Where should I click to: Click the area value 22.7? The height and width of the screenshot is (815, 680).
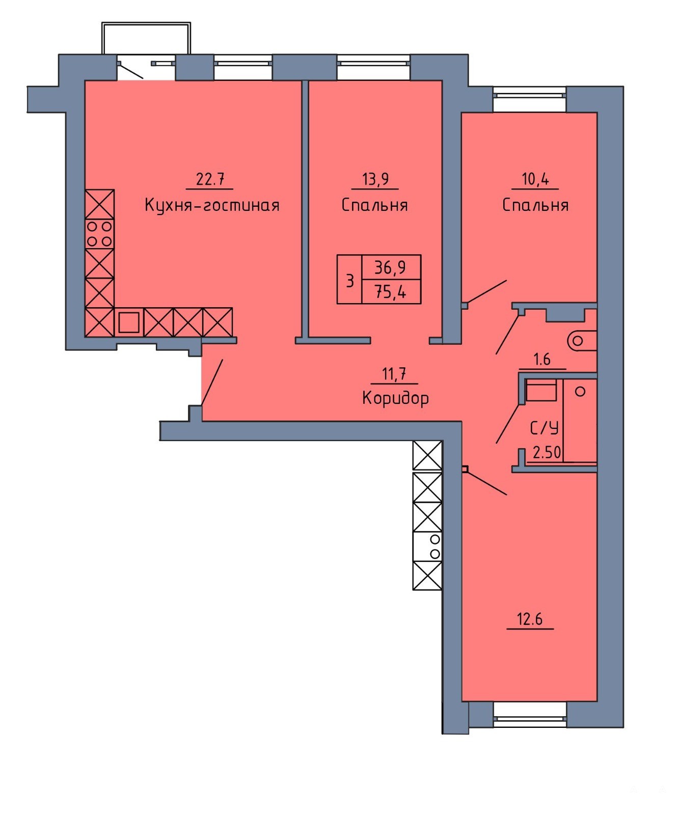click(210, 179)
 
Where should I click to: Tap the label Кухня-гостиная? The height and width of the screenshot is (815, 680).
click(212, 205)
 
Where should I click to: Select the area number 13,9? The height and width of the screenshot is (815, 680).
click(375, 179)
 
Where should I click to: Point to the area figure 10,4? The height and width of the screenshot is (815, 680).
click(535, 179)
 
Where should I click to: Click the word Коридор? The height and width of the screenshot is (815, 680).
click(395, 398)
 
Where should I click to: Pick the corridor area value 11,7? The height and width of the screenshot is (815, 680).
click(394, 374)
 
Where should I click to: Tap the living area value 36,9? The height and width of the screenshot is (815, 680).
click(390, 267)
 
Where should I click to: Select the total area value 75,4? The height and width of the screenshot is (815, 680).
click(390, 292)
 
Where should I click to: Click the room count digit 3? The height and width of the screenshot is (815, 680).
click(350, 281)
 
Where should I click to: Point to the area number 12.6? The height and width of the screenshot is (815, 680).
click(530, 619)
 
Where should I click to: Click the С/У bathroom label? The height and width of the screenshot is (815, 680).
click(545, 428)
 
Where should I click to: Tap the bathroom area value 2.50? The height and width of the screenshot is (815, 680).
click(547, 452)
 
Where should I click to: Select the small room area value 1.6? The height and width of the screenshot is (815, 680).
click(542, 360)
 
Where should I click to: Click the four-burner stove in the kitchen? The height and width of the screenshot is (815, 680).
click(100, 234)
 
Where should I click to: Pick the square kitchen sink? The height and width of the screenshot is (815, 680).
click(129, 322)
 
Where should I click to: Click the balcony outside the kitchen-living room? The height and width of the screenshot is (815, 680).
click(146, 38)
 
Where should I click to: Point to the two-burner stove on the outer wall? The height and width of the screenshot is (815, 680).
click(427, 547)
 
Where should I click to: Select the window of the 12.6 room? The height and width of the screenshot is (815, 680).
click(530, 715)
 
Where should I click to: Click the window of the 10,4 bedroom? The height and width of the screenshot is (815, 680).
click(529, 99)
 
